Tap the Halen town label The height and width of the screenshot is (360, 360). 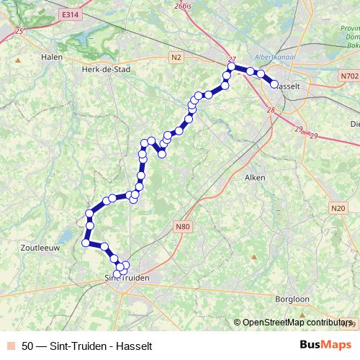[53, 57]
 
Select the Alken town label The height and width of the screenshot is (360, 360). [256, 177]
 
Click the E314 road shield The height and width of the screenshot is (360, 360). [70, 14]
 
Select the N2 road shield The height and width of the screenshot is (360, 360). [177, 55]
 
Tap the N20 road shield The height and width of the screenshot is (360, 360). [338, 208]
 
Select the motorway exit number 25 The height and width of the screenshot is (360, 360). [19, 30]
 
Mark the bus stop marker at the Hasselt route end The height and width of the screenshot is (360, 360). [274, 84]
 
